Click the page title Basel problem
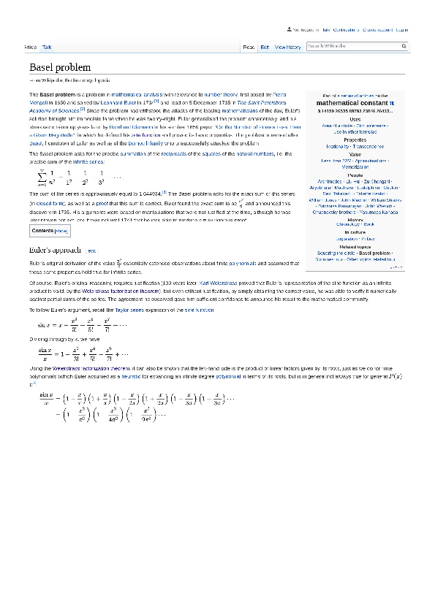pos(60,67)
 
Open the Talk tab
pos(47,47)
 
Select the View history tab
pos(287,47)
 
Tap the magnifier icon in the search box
pos(404,46)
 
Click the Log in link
pos(402,30)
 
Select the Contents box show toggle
pos(62,231)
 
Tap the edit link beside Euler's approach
pos(91,251)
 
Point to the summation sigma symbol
pos(42,177)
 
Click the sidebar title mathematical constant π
pos(355,104)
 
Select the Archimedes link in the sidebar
pos(330,180)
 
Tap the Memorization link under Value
pos(355,167)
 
